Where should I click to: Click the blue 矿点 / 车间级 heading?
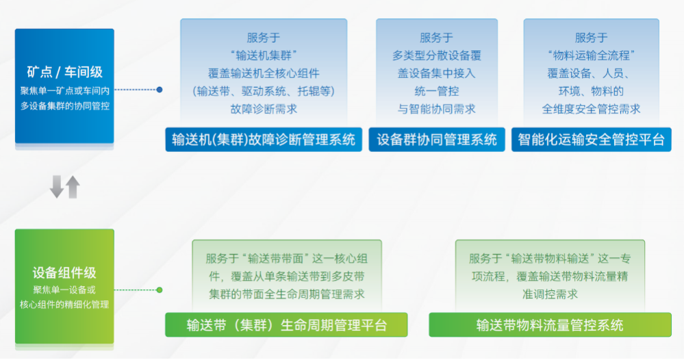click(64, 72)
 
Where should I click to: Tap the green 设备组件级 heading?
click(64, 273)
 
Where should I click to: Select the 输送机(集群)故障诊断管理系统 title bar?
click(264, 140)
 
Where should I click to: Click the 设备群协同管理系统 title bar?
click(437, 140)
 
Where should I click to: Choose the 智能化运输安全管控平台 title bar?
click(591, 140)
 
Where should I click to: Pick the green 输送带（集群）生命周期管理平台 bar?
click(286, 324)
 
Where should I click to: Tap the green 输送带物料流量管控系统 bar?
click(550, 324)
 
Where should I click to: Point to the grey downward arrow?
click(57, 187)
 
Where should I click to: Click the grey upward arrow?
click(73, 187)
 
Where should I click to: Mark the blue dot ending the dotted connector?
click(160, 90)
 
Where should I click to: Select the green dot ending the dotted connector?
click(160, 290)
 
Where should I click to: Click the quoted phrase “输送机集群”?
click(264, 55)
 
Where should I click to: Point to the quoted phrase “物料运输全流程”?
click(591, 55)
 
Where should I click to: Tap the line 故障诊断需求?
click(264, 109)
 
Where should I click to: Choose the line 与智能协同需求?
click(437, 109)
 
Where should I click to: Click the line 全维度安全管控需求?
click(591, 109)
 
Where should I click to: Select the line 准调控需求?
click(550, 294)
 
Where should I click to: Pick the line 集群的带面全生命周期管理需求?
click(287, 294)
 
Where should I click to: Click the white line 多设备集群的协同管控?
click(64, 106)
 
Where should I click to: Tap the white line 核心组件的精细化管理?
click(64, 305)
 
